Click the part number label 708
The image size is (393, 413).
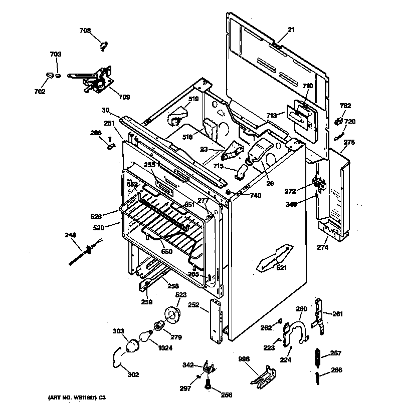(x=85, y=31)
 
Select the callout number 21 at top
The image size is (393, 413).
(x=291, y=31)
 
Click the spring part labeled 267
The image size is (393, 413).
(x=316, y=357)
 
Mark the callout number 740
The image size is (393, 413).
(x=256, y=196)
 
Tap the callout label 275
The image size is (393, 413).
(x=349, y=143)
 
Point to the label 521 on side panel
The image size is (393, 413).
(x=282, y=268)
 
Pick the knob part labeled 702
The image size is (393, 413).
(x=49, y=76)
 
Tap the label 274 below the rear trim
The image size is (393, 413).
(x=322, y=247)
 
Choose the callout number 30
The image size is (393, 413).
(x=105, y=111)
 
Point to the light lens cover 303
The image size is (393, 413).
(x=132, y=345)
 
